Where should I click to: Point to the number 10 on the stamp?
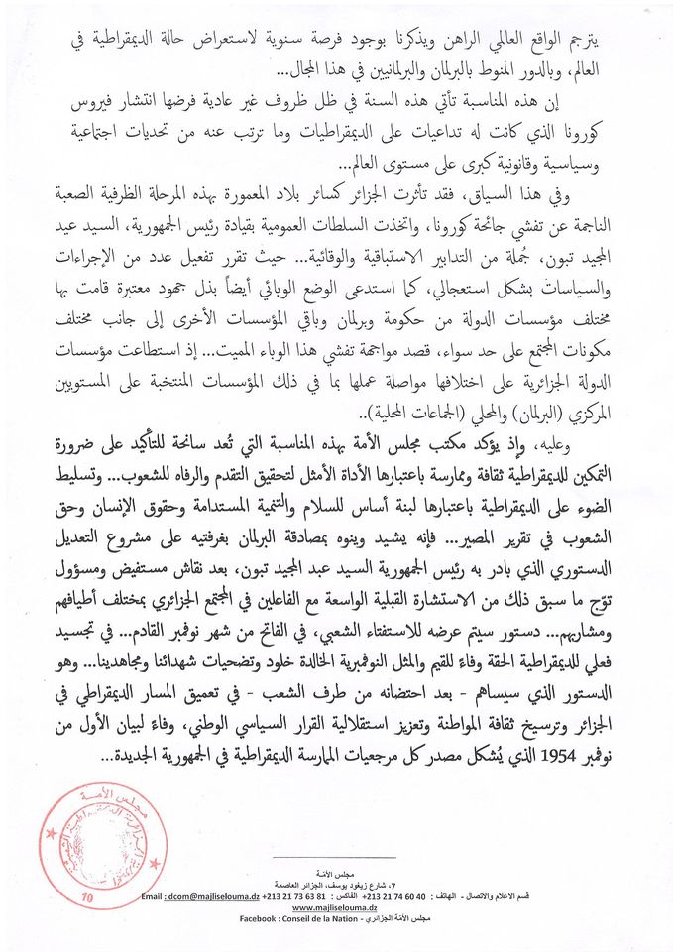tap(87, 896)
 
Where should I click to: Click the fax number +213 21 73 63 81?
tap(316, 895)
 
